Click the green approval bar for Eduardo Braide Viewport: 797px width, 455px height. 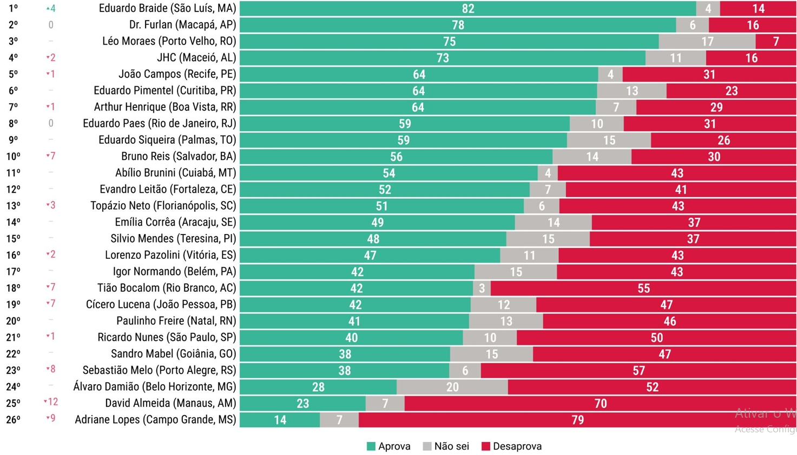[x=468, y=9]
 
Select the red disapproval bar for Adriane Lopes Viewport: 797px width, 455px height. [x=577, y=420]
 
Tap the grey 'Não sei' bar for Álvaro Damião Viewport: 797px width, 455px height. [x=452, y=387]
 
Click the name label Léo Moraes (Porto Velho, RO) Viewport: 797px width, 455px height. [x=169, y=41]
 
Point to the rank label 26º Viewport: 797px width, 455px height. [x=14, y=420]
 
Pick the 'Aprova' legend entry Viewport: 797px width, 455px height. [x=388, y=446]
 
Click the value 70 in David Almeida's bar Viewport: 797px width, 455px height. [x=600, y=404]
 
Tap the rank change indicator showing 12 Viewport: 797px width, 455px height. [x=51, y=402]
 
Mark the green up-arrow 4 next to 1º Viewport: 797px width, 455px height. [x=51, y=9]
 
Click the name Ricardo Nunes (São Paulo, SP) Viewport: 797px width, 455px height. [x=167, y=338]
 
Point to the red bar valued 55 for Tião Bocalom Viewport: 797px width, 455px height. [x=643, y=289]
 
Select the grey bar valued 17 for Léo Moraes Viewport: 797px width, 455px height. [x=707, y=42]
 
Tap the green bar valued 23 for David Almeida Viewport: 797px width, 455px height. [x=302, y=404]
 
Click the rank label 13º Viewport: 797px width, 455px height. [x=14, y=206]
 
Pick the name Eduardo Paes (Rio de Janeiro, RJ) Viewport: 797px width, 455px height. [x=159, y=124]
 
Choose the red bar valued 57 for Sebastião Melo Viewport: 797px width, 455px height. [x=638, y=371]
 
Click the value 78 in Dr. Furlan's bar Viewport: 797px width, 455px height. [x=458, y=25]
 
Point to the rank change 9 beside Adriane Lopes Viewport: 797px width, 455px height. [x=51, y=418]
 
